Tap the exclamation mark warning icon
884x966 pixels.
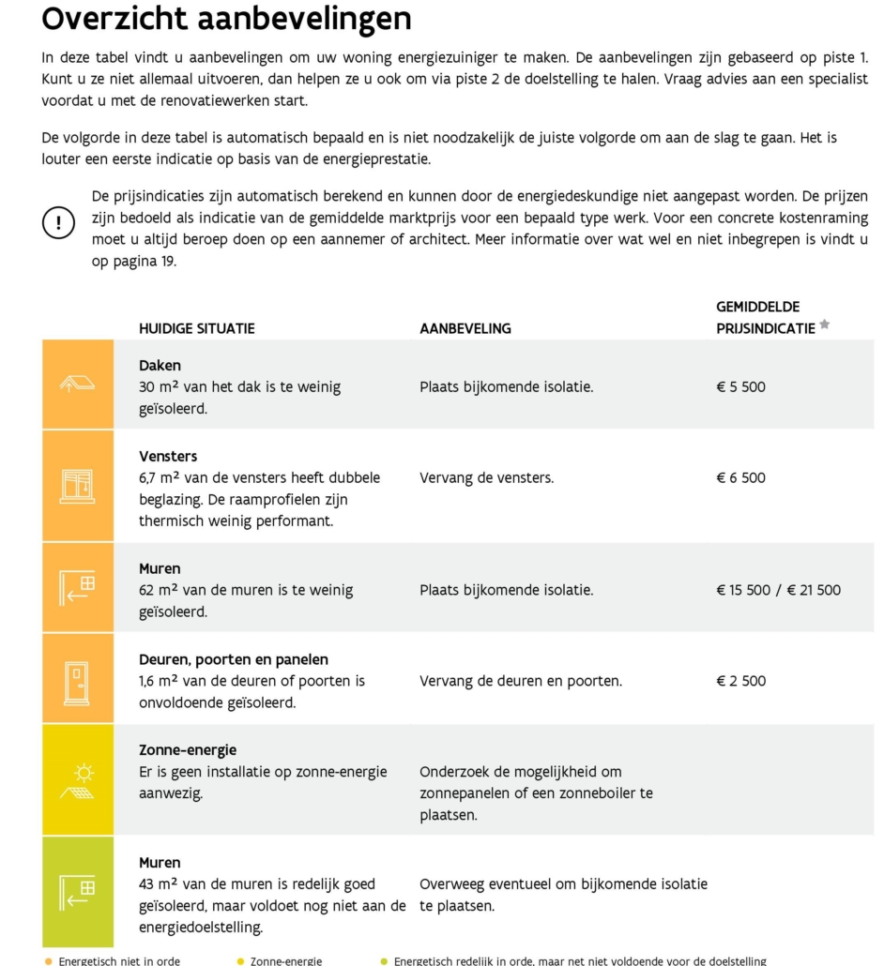click(x=58, y=222)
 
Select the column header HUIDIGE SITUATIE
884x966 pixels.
click(x=196, y=328)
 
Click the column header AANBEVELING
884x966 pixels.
click(x=465, y=328)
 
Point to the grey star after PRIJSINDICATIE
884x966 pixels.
click(x=825, y=325)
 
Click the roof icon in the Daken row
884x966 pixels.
click(x=78, y=384)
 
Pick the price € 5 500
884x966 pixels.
click(x=740, y=386)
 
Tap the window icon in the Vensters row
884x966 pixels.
click(x=78, y=485)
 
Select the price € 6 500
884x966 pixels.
click(x=740, y=477)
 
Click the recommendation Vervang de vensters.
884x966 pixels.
click(x=486, y=477)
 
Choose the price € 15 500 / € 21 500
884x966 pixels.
click(x=778, y=590)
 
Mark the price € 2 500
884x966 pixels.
click(x=740, y=681)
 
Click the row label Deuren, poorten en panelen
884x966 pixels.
click(x=234, y=659)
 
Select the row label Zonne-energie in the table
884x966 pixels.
click(x=188, y=750)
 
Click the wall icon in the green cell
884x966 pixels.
click(x=78, y=891)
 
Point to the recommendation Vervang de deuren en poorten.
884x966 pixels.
click(x=520, y=681)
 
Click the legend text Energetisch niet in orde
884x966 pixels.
click(x=119, y=960)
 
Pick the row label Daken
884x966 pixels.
click(x=160, y=366)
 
